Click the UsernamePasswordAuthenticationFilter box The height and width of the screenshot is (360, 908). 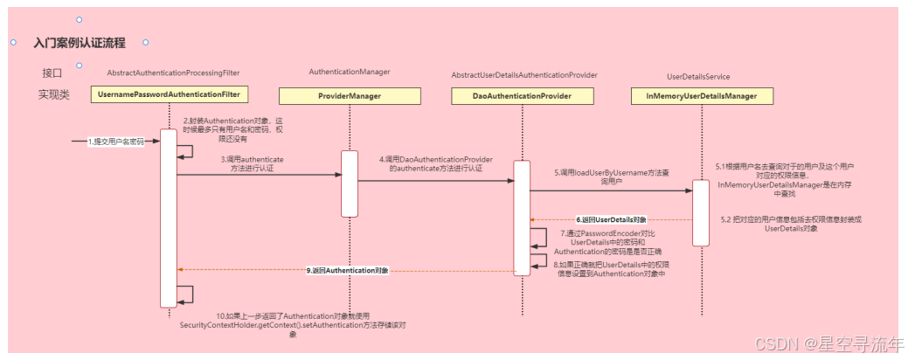pyautogui.click(x=170, y=94)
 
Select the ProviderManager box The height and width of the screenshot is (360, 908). pyautogui.click(x=350, y=95)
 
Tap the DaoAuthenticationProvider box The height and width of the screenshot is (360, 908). pyautogui.click(x=523, y=95)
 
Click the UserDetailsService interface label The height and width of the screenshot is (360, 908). pyautogui.click(x=698, y=77)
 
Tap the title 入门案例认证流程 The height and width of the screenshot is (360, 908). pyautogui.click(x=80, y=42)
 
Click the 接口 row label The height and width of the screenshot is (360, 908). pyautogui.click(x=52, y=73)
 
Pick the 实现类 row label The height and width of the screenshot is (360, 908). pyautogui.click(x=53, y=93)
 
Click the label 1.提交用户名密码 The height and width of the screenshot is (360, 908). pyautogui.click(x=115, y=141)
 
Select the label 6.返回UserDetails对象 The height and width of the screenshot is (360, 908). pyautogui.click(x=611, y=219)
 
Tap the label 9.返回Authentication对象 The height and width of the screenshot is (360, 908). pyautogui.click(x=348, y=271)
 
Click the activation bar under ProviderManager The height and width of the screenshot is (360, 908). pyautogui.click(x=350, y=183)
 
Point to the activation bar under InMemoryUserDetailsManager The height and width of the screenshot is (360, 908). pyautogui.click(x=701, y=212)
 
